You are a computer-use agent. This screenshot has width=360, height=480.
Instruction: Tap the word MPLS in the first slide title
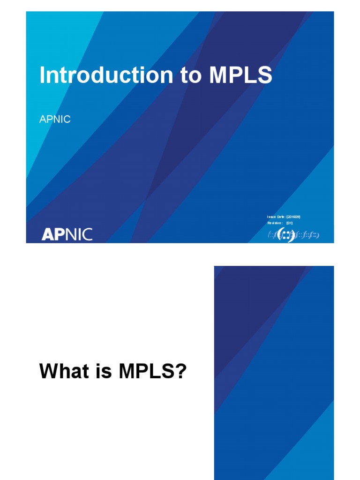click(240, 75)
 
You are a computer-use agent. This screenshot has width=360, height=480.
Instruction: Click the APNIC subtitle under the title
click(55, 120)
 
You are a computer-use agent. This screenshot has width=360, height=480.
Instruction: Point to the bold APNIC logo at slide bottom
click(67, 234)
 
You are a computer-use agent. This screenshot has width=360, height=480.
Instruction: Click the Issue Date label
click(276, 217)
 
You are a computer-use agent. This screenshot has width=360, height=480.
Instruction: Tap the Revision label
click(275, 223)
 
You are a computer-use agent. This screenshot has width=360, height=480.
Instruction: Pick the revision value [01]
click(290, 223)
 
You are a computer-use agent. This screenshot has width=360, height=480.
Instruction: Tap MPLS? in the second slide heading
click(153, 372)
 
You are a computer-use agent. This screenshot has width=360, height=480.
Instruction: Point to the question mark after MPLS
click(181, 372)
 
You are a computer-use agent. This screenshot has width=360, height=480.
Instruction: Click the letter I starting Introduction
click(42, 75)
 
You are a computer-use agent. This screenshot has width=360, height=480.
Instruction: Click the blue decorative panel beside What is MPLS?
click(274, 373)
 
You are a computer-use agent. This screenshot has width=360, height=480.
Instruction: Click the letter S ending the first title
click(265, 75)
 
